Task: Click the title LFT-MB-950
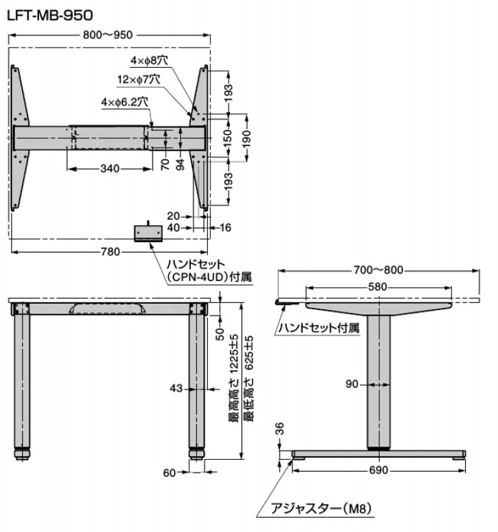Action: (50, 15)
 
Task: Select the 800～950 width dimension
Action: (107, 35)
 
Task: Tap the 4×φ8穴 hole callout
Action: (149, 61)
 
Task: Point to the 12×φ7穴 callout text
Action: (139, 80)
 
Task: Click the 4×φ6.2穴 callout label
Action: (124, 102)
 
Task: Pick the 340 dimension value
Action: (110, 169)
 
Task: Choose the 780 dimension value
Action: (111, 252)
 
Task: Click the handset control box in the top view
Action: (148, 233)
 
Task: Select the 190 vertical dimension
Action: (247, 137)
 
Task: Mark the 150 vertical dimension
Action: (229, 137)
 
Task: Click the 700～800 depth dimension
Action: (379, 270)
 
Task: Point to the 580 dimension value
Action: (377, 287)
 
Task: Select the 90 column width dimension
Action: (352, 384)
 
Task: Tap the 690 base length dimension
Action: (379, 471)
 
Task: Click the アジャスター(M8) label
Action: (321, 509)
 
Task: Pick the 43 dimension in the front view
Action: (176, 388)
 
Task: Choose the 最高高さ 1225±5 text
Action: (234, 378)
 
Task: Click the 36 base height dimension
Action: (279, 429)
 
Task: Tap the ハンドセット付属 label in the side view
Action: (318, 328)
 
